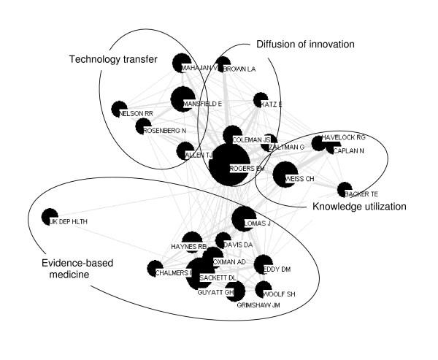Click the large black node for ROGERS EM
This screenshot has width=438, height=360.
point(228,166)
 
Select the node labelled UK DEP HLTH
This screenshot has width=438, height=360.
point(50,217)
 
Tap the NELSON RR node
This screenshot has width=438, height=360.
point(120,110)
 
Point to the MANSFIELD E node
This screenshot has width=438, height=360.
point(182,99)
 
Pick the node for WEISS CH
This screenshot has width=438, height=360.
point(284,175)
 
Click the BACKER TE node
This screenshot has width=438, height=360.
point(345,190)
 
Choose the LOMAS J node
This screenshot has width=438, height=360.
point(244,218)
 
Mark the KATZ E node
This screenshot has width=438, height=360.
point(261,100)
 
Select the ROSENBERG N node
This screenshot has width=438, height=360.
point(143,127)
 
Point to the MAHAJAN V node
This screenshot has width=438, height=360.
point(181,64)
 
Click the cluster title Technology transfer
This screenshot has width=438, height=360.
point(113,59)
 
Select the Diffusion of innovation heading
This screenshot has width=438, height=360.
point(305,44)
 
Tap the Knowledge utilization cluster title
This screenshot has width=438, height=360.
point(359,207)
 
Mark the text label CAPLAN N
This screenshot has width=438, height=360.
point(349,151)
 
